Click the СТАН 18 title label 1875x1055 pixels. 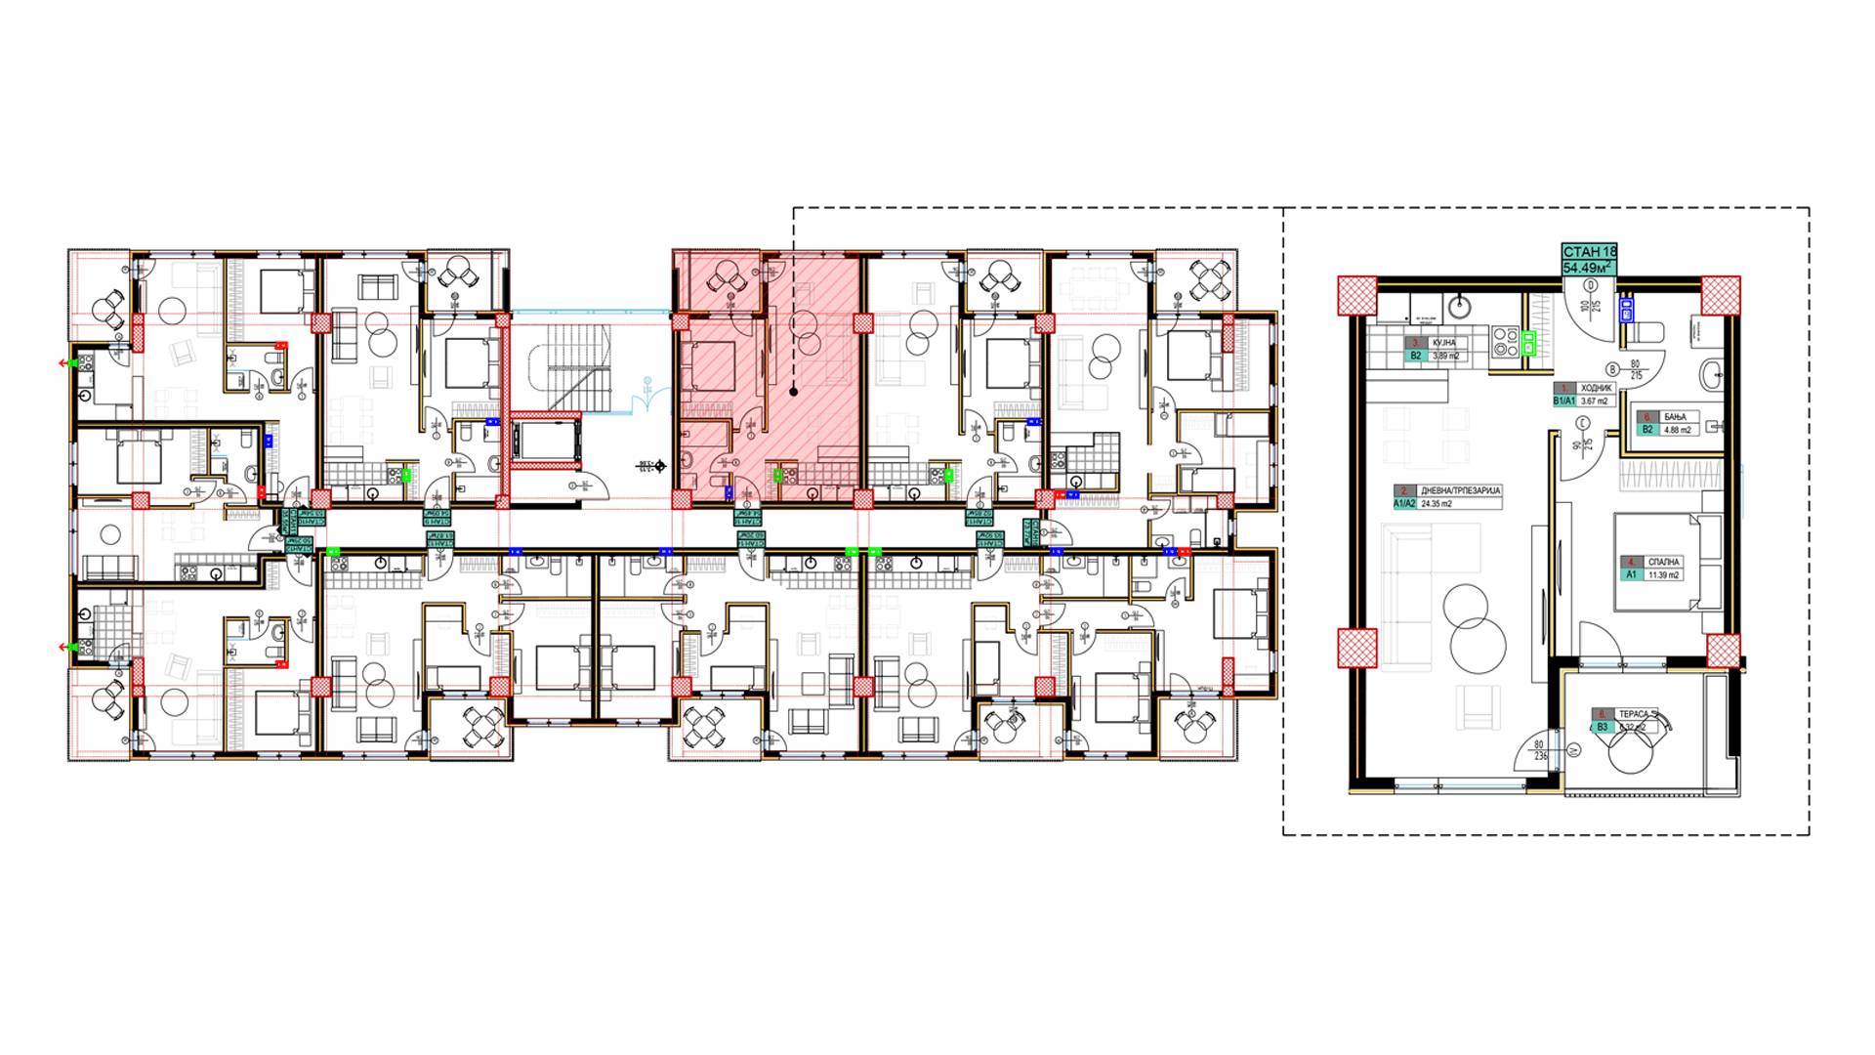(x=1589, y=252)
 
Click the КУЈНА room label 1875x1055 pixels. (x=1443, y=343)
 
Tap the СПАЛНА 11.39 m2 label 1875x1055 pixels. (x=1662, y=562)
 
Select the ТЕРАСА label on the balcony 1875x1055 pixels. (x=1633, y=714)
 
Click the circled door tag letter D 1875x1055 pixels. (x=1591, y=286)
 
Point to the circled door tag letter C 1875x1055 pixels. (x=1583, y=423)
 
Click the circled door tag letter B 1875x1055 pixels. (x=1612, y=369)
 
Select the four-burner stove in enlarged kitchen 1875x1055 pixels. (x=1505, y=342)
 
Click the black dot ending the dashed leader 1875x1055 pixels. (x=793, y=392)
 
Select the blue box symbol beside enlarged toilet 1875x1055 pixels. (x=1626, y=311)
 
